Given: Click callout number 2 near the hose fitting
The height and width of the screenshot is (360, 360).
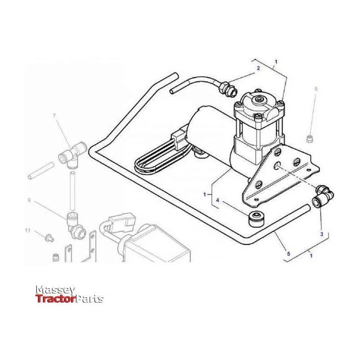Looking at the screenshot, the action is click(258, 68).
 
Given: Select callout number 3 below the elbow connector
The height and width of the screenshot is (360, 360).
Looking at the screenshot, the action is click(322, 234).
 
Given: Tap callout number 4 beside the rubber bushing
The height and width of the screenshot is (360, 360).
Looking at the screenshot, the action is click(218, 200).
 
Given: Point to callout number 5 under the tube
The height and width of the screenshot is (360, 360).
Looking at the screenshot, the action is click(288, 253).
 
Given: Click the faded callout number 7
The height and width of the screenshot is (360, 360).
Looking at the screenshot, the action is click(54, 116).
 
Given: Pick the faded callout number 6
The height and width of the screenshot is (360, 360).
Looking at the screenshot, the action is click(29, 200).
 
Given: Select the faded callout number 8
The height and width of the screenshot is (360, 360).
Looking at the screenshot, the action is click(316, 89).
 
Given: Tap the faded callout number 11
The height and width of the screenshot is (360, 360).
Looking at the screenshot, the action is click(27, 230).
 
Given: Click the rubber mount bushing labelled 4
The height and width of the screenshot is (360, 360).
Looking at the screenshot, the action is click(256, 219).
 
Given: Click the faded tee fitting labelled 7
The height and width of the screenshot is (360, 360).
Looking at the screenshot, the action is click(72, 155).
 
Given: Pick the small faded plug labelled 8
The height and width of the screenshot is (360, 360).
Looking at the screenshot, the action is click(310, 139).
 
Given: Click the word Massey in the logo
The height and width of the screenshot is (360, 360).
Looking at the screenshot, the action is click(55, 290).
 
